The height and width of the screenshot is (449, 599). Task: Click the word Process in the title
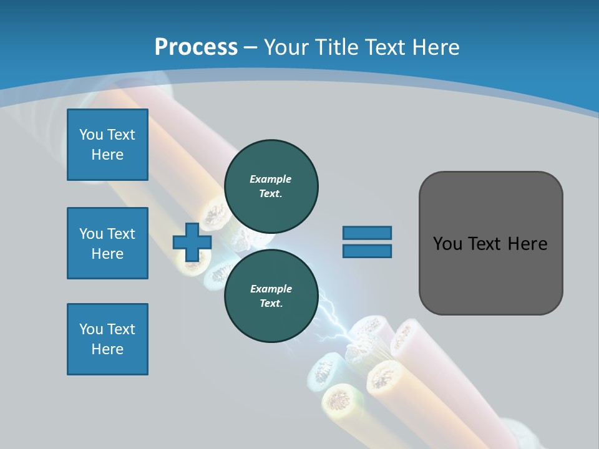(x=196, y=47)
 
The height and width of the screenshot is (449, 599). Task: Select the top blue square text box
(x=107, y=145)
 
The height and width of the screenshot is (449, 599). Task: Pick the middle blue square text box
(x=107, y=243)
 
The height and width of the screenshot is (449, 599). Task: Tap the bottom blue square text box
(x=107, y=339)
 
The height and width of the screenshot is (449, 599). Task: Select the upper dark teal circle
(x=271, y=186)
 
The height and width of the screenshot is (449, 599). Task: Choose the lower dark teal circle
(x=271, y=296)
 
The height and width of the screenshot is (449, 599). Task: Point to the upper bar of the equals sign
(x=367, y=233)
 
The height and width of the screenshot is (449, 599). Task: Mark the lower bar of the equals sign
(x=367, y=251)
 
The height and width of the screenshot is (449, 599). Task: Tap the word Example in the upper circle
(x=271, y=179)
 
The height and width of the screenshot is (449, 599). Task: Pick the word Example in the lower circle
(x=271, y=289)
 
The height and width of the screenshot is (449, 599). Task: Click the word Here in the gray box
(x=527, y=244)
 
